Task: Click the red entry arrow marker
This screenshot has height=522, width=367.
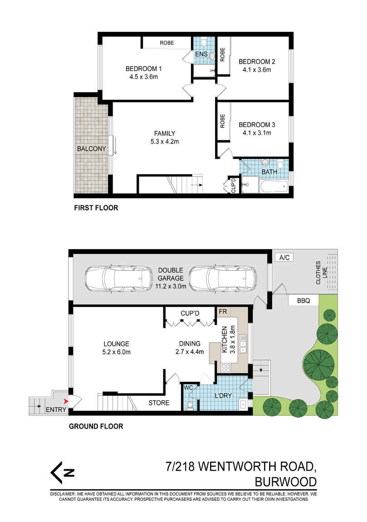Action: pyautogui.click(x=67, y=401)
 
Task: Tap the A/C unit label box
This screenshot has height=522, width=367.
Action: pyautogui.click(x=284, y=257)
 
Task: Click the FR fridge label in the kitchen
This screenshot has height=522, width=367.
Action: pyautogui.click(x=223, y=312)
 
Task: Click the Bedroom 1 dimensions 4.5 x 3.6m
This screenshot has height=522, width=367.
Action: pyautogui.click(x=143, y=77)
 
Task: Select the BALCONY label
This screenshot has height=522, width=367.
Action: pyautogui.click(x=91, y=149)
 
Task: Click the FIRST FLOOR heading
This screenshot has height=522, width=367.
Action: pyautogui.click(x=96, y=208)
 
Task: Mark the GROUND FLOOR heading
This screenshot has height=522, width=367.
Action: pyautogui.click(x=96, y=426)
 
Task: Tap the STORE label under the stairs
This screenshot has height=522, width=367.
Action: pyautogui.click(x=159, y=403)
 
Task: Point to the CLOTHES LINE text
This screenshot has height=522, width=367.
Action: pyautogui.click(x=321, y=272)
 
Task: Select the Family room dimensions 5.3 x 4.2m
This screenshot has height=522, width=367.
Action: pyautogui.click(x=158, y=141)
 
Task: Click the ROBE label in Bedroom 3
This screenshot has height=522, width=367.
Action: pyautogui.click(x=223, y=121)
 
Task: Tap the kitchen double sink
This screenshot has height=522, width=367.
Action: pyautogui.click(x=243, y=344)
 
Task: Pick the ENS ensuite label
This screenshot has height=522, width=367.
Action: pyautogui.click(x=201, y=54)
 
